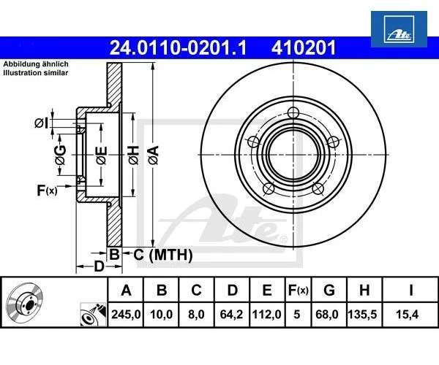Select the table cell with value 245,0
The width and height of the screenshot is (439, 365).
(x=126, y=316)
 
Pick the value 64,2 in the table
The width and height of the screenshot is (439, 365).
(x=232, y=316)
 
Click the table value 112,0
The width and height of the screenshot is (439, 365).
(x=267, y=316)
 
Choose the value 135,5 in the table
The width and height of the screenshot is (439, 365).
(x=364, y=316)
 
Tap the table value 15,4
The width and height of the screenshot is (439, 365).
(x=410, y=316)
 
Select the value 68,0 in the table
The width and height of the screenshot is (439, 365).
(x=329, y=316)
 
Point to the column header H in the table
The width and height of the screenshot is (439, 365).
(x=364, y=291)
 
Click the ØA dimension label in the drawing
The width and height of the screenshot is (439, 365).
(x=152, y=154)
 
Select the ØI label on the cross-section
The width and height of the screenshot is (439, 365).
(x=41, y=122)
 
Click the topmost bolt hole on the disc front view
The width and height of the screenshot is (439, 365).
(x=293, y=112)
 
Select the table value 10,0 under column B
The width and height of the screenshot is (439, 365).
(x=162, y=316)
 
